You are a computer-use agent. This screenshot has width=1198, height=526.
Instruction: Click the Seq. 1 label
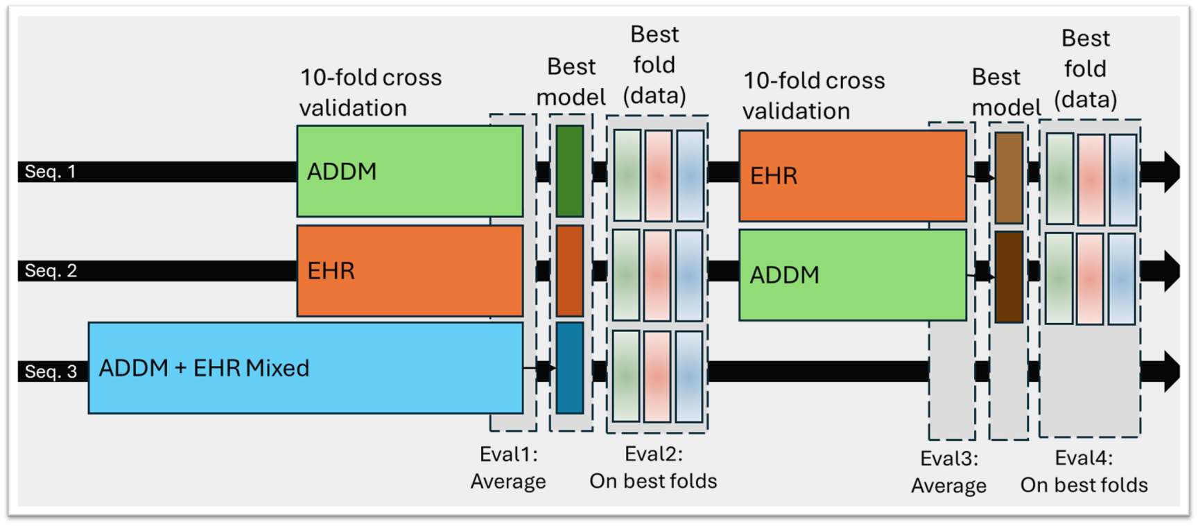point(50,172)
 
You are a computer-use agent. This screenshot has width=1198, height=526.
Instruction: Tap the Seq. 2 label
point(51,271)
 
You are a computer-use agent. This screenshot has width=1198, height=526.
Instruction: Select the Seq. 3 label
point(51,371)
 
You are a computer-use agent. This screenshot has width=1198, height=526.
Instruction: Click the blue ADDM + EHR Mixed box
point(305,368)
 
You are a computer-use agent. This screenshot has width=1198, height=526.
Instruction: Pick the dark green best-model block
point(570,171)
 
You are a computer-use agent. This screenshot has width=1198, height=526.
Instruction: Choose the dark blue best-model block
point(570,368)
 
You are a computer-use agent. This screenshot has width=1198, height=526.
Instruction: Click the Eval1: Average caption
point(508,468)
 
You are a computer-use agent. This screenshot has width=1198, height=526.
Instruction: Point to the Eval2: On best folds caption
point(653,468)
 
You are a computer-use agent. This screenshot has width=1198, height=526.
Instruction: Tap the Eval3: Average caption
point(948,472)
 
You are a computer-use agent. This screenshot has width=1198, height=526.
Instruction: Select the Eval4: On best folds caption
point(1084,471)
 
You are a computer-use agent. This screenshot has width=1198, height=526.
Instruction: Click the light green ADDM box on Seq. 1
point(410,171)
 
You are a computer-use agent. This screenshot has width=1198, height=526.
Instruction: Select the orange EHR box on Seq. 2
point(410,271)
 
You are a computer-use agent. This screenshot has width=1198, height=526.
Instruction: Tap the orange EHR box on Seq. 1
point(852,176)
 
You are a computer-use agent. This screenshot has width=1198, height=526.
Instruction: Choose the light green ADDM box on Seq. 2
point(852,275)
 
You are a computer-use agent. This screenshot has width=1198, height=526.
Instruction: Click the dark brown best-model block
point(1009,277)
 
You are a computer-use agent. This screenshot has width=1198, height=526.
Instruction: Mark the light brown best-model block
point(1009,178)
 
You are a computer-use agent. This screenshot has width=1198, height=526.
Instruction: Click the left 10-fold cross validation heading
point(370,92)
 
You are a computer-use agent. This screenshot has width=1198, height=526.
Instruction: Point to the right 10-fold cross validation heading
point(814,96)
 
